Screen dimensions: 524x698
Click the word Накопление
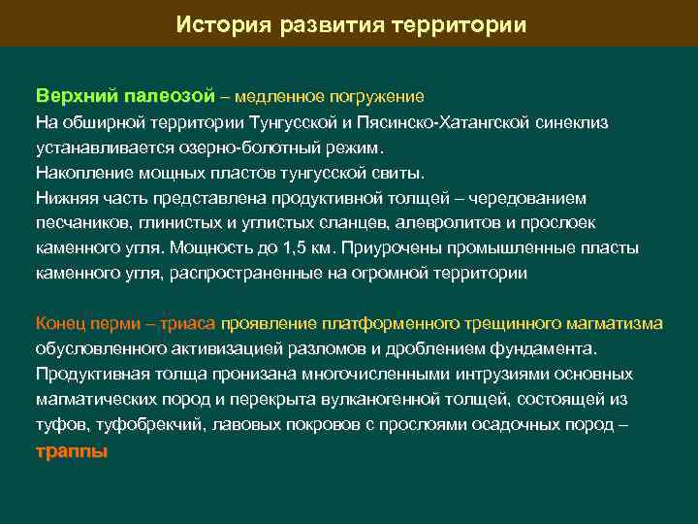pyautogui.click(x=79, y=172)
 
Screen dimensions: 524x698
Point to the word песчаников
pyautogui.click(x=79, y=222)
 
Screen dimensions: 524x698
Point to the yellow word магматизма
pyautogui.click(x=617, y=323)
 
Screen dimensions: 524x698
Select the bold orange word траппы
pyautogui.click(x=71, y=451)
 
